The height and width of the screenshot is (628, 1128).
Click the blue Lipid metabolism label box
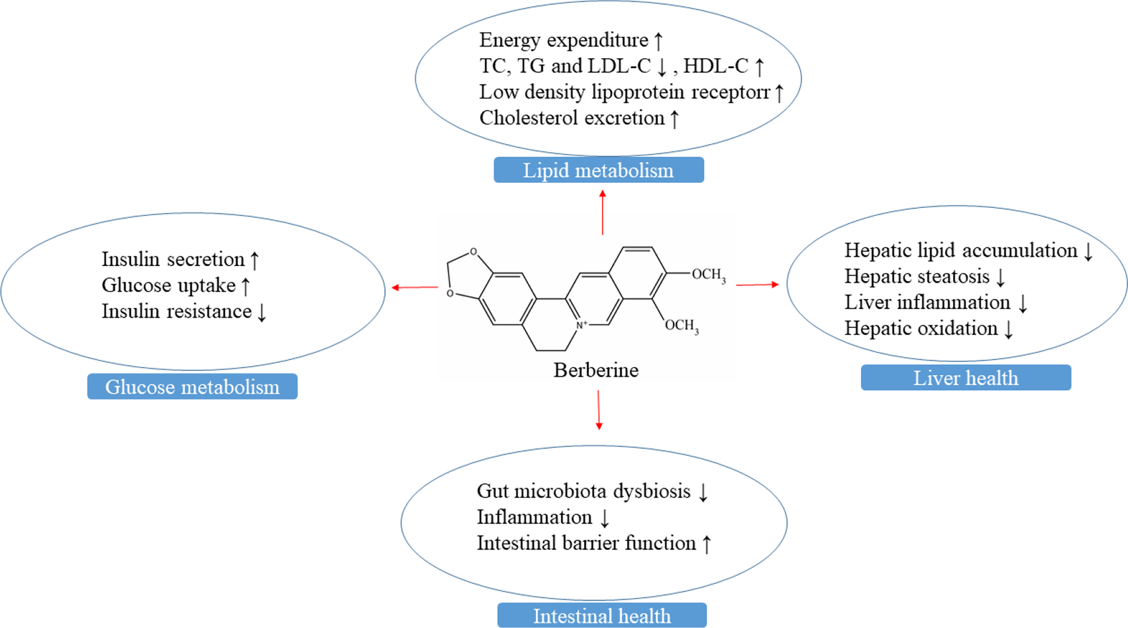tap(598, 170)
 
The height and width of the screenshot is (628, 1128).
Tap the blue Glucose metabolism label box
tap(192, 386)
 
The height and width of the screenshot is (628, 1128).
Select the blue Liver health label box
tap(966, 377)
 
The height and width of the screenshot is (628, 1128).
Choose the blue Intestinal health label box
tap(602, 615)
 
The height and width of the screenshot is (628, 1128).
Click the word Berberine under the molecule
tap(596, 370)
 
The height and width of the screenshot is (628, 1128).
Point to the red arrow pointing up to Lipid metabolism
tap(602, 212)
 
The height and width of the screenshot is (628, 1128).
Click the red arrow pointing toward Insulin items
tap(415, 287)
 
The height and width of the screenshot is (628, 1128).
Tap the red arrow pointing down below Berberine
tap(599, 410)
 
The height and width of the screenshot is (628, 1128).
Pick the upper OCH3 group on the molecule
tap(708, 275)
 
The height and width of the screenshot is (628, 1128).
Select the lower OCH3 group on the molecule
tap(681, 325)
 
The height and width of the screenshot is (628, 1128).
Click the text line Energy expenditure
tap(564, 40)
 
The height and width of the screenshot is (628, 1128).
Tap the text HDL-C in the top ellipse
tap(716, 66)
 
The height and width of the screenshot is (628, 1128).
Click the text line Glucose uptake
tap(168, 285)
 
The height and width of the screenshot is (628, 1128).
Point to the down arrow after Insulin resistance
tap(262, 312)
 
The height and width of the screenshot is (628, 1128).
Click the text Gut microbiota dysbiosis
tap(583, 491)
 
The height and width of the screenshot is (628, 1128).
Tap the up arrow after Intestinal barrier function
tap(707, 544)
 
